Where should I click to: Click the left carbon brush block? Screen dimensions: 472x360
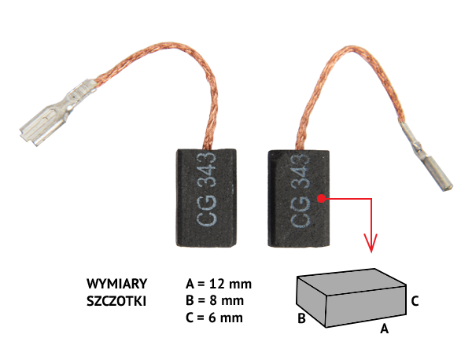pyautogui.click(x=206, y=198)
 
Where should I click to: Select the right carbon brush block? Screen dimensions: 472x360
pyautogui.click(x=299, y=199)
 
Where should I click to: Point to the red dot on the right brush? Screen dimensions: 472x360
pyautogui.click(x=322, y=199)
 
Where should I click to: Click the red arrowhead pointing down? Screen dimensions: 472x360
pyautogui.click(x=371, y=243)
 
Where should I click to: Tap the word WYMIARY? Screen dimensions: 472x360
pyautogui.click(x=116, y=284)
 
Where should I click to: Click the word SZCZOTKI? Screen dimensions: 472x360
pyautogui.click(x=116, y=301)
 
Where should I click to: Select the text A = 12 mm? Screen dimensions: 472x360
pyautogui.click(x=219, y=284)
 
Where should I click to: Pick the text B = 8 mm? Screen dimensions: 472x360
pyautogui.click(x=215, y=300)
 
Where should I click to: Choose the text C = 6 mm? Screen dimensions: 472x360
pyautogui.click(x=214, y=318)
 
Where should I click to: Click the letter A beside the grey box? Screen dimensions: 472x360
pyautogui.click(x=384, y=329)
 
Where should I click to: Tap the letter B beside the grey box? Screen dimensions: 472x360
pyautogui.click(x=301, y=318)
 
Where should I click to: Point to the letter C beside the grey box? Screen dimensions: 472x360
pyautogui.click(x=415, y=301)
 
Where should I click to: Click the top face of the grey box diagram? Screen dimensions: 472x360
pyautogui.click(x=351, y=281)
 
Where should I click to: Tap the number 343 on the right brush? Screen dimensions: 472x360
pyautogui.click(x=301, y=171)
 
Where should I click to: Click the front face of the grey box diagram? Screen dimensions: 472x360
pyautogui.click(x=366, y=306)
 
